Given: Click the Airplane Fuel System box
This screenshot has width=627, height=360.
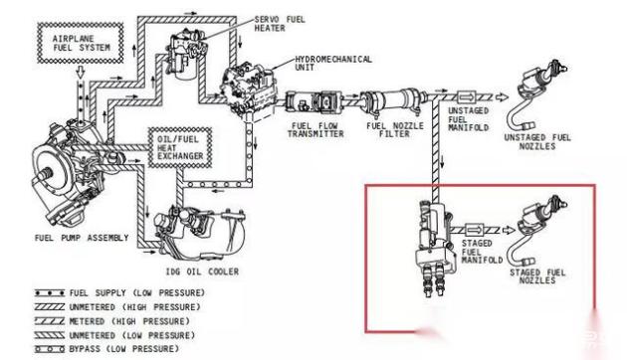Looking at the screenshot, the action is click(80, 43).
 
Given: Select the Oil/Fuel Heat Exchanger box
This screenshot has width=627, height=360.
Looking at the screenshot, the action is click(180, 147).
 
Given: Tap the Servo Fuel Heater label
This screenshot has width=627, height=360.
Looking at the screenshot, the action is click(280, 24).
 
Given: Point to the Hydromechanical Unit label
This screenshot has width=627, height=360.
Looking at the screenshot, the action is click(333, 63).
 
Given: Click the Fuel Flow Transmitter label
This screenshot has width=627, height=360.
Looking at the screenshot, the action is click(315, 130).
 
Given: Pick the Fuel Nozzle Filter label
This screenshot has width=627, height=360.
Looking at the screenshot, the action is click(395, 130).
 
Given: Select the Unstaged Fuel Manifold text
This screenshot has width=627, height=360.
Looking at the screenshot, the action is click(468, 119).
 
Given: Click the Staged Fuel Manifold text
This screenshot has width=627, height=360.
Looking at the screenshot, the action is click(482, 252).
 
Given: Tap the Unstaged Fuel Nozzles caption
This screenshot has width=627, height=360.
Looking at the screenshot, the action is click(537, 142).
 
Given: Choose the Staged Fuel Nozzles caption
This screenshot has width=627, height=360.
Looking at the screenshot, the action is click(537, 276).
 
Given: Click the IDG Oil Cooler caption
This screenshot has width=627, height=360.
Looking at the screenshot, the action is click(202, 271).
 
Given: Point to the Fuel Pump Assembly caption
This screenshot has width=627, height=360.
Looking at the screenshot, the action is click(82, 238).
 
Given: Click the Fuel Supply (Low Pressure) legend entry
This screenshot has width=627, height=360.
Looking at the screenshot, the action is click(119, 293).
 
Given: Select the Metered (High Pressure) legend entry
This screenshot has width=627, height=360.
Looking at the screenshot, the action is click(111, 321).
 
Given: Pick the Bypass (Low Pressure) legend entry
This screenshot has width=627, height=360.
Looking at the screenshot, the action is click(106, 349).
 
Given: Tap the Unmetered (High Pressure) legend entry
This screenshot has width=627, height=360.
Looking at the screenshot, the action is click(117, 307).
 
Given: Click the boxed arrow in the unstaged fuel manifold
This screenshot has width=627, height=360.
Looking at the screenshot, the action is click(466, 97).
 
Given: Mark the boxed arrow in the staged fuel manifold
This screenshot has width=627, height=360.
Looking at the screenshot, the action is click(475, 230).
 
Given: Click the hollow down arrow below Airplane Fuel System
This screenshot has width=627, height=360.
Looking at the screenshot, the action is click(81, 73).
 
